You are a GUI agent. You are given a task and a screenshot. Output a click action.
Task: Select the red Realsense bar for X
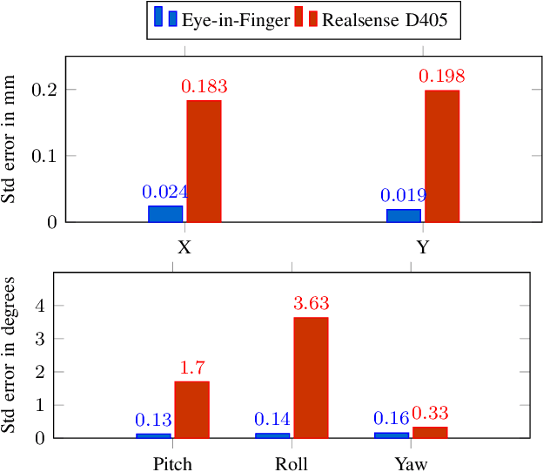click(204, 161)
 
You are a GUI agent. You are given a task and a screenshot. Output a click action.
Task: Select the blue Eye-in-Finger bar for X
click(165, 213)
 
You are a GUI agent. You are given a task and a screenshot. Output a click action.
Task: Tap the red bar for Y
click(441, 156)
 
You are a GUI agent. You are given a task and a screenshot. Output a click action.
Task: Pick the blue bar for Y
click(404, 215)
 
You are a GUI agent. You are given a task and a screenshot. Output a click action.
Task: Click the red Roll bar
click(311, 377)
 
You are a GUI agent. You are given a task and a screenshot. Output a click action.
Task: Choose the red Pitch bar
click(191, 409)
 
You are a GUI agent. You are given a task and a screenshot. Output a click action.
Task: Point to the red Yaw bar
click(430, 432)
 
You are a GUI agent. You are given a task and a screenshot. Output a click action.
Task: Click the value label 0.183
click(204, 87)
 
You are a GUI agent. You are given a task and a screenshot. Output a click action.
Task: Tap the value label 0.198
click(441, 77)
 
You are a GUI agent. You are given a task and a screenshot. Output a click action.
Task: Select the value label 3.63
click(311, 304)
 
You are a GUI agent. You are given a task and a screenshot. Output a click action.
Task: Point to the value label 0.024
click(165, 192)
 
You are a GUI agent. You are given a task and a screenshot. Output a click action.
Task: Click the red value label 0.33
click(430, 413)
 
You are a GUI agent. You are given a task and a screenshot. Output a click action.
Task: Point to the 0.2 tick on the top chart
click(44, 90)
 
